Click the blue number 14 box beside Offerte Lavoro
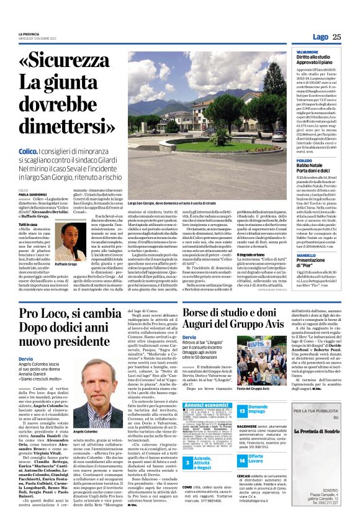point(242,461)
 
